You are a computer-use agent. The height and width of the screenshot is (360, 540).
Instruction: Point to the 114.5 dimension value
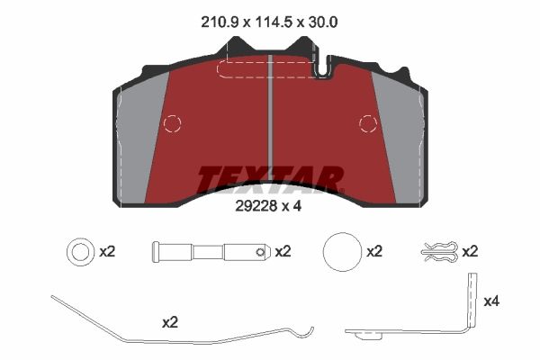pyautogui.click(x=274, y=22)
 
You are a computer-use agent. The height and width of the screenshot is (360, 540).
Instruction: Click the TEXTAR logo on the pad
pyautogui.click(x=270, y=180)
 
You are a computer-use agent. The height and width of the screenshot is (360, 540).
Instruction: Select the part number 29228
pyautogui.click(x=256, y=206)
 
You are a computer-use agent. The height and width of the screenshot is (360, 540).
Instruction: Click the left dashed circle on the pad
pyautogui.click(x=172, y=123)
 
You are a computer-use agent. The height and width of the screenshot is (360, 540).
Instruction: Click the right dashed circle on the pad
pyautogui.click(x=368, y=123)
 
